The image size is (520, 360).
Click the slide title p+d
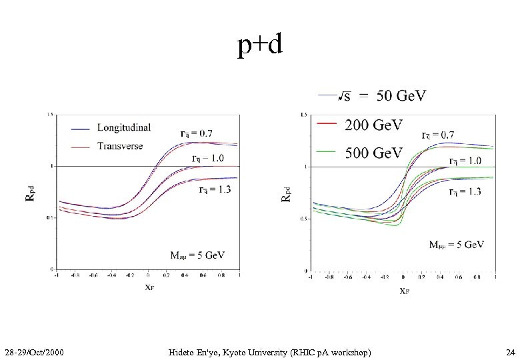click(261, 45)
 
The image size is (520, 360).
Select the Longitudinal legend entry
click(123, 127)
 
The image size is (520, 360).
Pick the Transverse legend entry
click(120, 146)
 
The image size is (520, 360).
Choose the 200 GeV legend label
click(373, 125)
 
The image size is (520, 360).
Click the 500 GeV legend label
click(373, 153)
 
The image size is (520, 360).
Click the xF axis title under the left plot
click(152, 288)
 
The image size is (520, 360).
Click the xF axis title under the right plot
click(404, 291)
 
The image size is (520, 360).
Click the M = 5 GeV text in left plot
click(198, 255)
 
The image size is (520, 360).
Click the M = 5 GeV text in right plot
click(457, 245)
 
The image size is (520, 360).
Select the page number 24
click(510, 351)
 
